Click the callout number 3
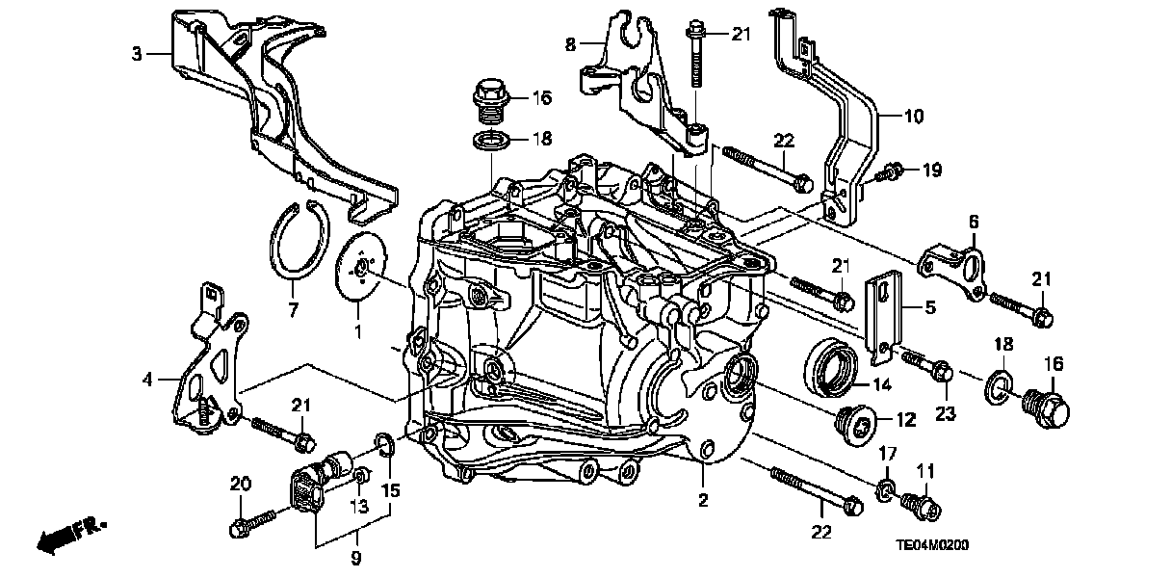(x=137, y=54)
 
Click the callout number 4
(x=147, y=380)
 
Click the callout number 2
(x=704, y=500)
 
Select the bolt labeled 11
(x=921, y=504)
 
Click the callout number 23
(x=945, y=415)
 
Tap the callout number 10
(x=913, y=117)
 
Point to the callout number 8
(x=570, y=44)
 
